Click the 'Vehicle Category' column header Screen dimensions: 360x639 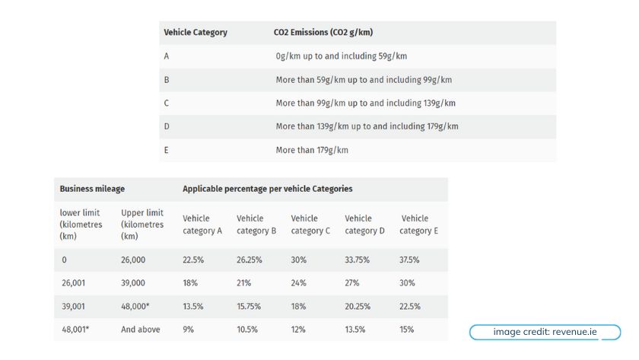pyautogui.click(x=196, y=33)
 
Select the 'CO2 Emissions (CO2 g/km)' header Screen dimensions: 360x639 pyautogui.click(x=323, y=33)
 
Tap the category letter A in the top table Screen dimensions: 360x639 pyautogui.click(x=167, y=56)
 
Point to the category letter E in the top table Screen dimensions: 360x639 pyautogui.click(x=167, y=151)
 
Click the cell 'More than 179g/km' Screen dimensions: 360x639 pyautogui.click(x=311, y=151)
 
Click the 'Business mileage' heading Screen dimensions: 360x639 pyautogui.click(x=92, y=189)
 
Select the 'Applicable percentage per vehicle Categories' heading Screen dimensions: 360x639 pyautogui.click(x=267, y=189)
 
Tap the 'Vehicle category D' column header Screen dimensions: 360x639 pyautogui.click(x=364, y=225)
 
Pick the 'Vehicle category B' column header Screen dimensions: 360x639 pyautogui.click(x=256, y=225)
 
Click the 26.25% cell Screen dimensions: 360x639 pyautogui.click(x=249, y=260)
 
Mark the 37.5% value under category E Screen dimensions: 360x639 pyautogui.click(x=409, y=260)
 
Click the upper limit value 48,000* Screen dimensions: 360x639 pyautogui.click(x=137, y=306)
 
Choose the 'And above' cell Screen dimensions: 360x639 pyautogui.click(x=140, y=330)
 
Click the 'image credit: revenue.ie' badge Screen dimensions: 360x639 pyautogui.click(x=544, y=332)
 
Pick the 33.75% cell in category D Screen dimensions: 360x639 pyautogui.click(x=358, y=260)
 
